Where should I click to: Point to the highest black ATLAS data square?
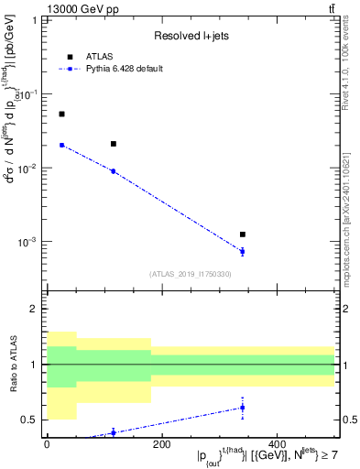pyautogui.click(x=61, y=115)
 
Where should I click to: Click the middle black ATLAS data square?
pyautogui.click(x=113, y=144)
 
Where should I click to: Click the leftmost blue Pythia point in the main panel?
pyautogui.click(x=61, y=145)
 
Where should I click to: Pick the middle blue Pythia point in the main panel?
pyautogui.click(x=113, y=171)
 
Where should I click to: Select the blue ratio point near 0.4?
pyautogui.click(x=113, y=432)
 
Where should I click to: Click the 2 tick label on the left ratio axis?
pyautogui.click(x=36, y=310)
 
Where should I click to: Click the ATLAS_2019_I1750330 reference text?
pyautogui.click(x=191, y=273)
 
